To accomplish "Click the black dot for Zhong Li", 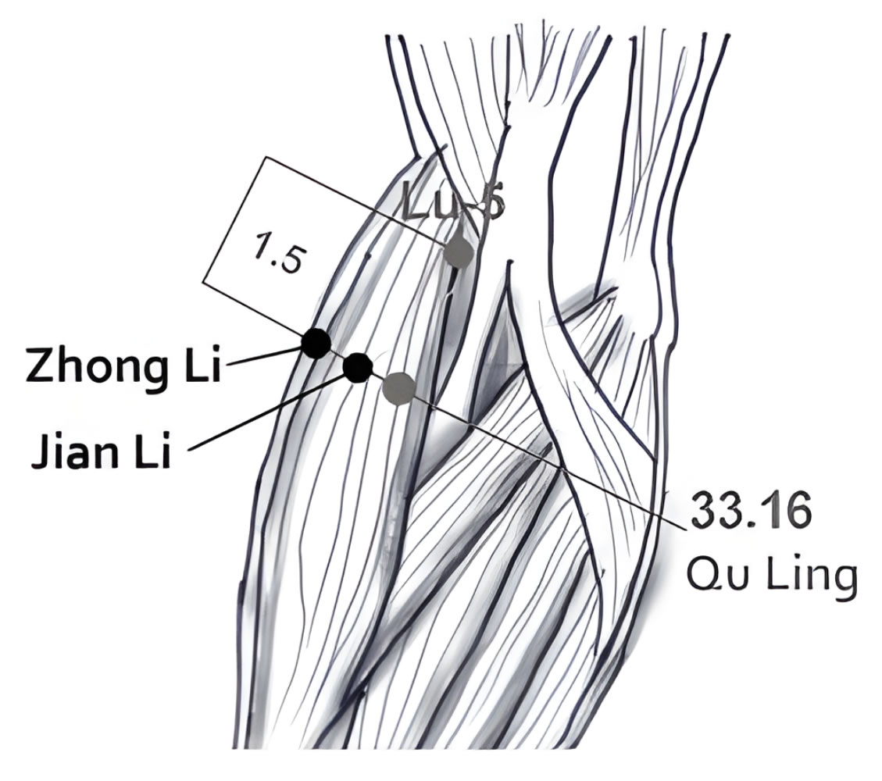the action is (316, 344).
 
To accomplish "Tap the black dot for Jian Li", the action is (358, 368).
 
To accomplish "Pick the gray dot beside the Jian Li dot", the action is (398, 388).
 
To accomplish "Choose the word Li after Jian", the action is (152, 449).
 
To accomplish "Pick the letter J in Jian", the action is (41, 450).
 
